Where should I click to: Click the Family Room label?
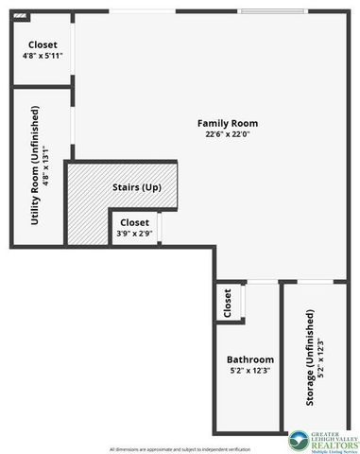click(227, 124)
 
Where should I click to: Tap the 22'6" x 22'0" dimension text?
click(227, 135)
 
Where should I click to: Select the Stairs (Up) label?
click(137, 187)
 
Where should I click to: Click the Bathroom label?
click(250, 359)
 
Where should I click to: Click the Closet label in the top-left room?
click(42, 45)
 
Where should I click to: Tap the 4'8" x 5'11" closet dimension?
click(42, 57)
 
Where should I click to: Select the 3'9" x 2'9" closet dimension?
click(134, 233)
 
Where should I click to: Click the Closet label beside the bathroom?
click(228, 304)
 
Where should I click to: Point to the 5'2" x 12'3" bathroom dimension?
click(250, 371)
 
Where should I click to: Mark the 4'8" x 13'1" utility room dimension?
click(45, 167)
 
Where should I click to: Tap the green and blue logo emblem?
click(299, 438)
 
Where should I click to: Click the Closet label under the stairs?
click(134, 222)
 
